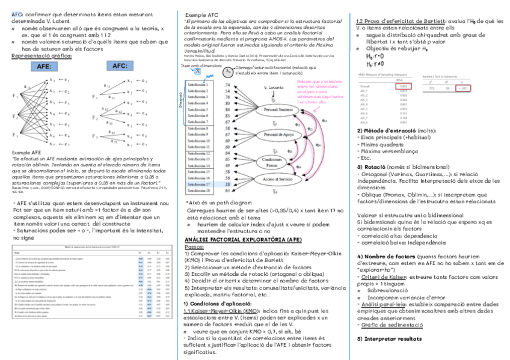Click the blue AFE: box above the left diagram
click(45, 66)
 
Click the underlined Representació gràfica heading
click(41, 56)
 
